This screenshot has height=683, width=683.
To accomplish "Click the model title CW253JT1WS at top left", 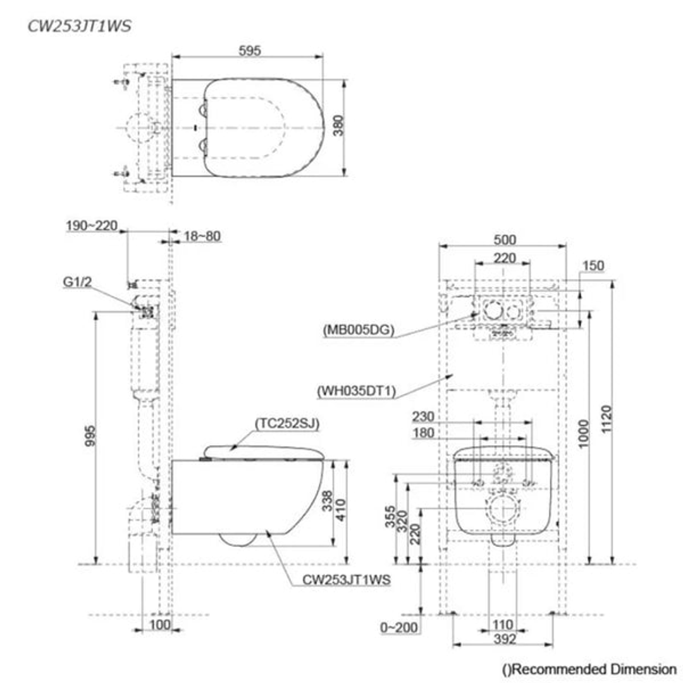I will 80,27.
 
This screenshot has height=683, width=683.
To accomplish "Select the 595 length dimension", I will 250,51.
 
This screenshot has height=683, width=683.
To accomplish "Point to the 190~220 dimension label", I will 92,226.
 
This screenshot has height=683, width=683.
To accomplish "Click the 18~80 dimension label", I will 202,237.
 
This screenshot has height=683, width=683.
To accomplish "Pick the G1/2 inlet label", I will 77,283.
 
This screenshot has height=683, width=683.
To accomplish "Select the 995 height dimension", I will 90,436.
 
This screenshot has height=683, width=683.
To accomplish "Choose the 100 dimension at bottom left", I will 161,625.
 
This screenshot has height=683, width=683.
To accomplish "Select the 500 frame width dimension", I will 505,240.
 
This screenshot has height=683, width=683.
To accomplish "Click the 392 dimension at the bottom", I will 504,639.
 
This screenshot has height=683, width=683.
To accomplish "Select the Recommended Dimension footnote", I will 589,669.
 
